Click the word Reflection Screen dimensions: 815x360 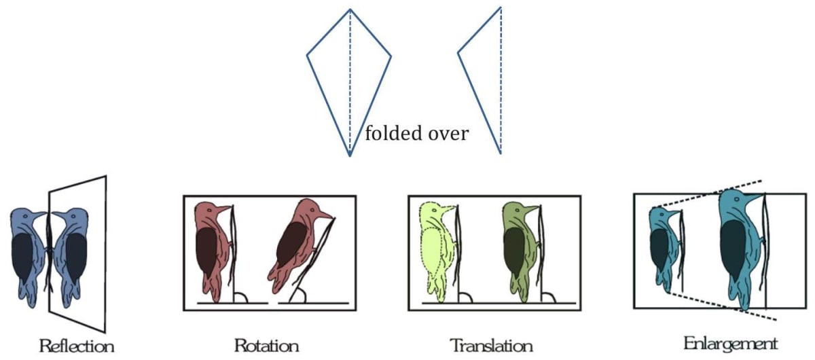coord(76,346)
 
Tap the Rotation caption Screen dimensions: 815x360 coord(266,345)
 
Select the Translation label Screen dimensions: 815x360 coord(491,345)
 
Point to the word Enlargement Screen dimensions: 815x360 coord(730,343)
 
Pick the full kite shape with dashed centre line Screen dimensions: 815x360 coord(349,75)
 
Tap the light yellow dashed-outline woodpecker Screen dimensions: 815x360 coord(435,251)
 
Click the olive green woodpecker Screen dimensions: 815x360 coord(516,251)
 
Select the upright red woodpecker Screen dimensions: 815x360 coord(209,251)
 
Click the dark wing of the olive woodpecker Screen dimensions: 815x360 coord(513,252)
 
